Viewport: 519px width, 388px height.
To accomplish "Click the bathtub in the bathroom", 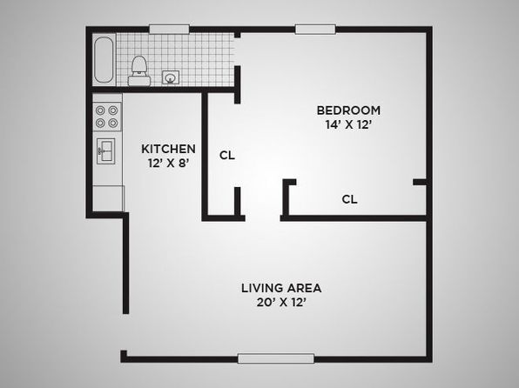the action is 104,60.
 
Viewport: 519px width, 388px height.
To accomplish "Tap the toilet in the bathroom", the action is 139,70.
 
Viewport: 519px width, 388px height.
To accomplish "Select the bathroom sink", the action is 171,77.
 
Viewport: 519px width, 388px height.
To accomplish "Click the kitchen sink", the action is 106,151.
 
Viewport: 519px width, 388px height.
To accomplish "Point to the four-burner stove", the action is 107,117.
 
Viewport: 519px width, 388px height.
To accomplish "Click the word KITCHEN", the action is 168,149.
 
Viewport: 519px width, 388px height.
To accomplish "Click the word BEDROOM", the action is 348,110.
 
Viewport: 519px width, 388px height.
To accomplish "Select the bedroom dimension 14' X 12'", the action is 347,125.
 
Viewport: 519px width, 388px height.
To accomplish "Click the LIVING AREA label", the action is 281,288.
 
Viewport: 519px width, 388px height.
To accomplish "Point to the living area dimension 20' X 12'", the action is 281,303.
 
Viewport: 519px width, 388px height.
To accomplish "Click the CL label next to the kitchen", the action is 227,155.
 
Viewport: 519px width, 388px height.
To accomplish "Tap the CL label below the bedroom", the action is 349,199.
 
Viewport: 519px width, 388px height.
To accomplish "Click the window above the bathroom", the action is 169,29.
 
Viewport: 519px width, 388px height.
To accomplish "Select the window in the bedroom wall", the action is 315,29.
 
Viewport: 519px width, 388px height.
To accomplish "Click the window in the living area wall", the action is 276,358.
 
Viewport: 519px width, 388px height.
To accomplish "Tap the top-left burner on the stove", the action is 100,110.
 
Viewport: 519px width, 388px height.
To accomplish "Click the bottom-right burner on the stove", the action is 113,123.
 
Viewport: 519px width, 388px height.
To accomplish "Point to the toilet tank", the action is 139,81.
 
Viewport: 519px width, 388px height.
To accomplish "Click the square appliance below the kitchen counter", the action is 108,198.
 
